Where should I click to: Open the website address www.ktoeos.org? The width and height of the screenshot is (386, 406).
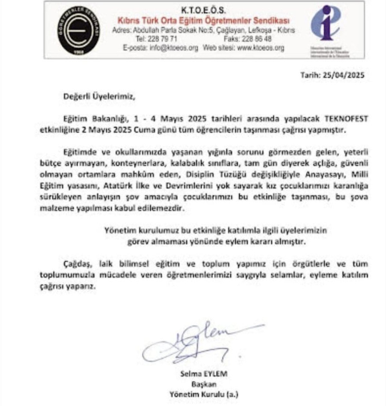pos(261,48)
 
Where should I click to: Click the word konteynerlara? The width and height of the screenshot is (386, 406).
pos(136,163)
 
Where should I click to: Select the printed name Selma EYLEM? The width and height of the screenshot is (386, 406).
pos(203,374)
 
